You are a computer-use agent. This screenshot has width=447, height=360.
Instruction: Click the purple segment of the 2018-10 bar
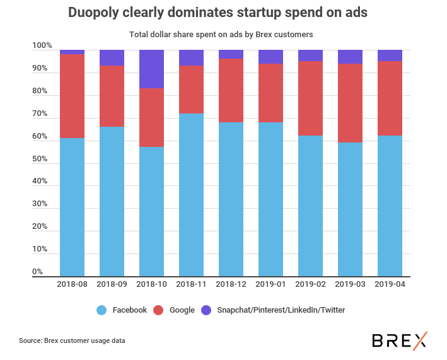point(151,69)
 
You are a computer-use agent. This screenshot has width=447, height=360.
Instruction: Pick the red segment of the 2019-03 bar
point(350,103)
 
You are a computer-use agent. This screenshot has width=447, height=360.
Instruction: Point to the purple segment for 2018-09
point(112,57)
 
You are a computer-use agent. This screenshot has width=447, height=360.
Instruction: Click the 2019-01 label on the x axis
point(270,284)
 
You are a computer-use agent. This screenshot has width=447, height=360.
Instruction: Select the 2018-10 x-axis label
point(151,284)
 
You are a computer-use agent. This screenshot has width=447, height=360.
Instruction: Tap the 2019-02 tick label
point(310,284)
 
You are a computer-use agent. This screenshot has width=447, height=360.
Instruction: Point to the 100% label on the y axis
point(42,46)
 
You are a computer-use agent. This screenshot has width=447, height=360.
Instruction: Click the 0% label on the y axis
point(38,272)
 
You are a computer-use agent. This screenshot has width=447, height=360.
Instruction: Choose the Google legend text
point(182,310)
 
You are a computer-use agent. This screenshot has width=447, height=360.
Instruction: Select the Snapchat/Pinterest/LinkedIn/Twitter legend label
point(281,310)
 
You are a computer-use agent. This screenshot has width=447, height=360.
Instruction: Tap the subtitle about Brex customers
point(221,34)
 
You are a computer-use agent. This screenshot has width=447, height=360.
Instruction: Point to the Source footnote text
point(72,340)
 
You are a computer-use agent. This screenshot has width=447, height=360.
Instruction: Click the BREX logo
point(399,340)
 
